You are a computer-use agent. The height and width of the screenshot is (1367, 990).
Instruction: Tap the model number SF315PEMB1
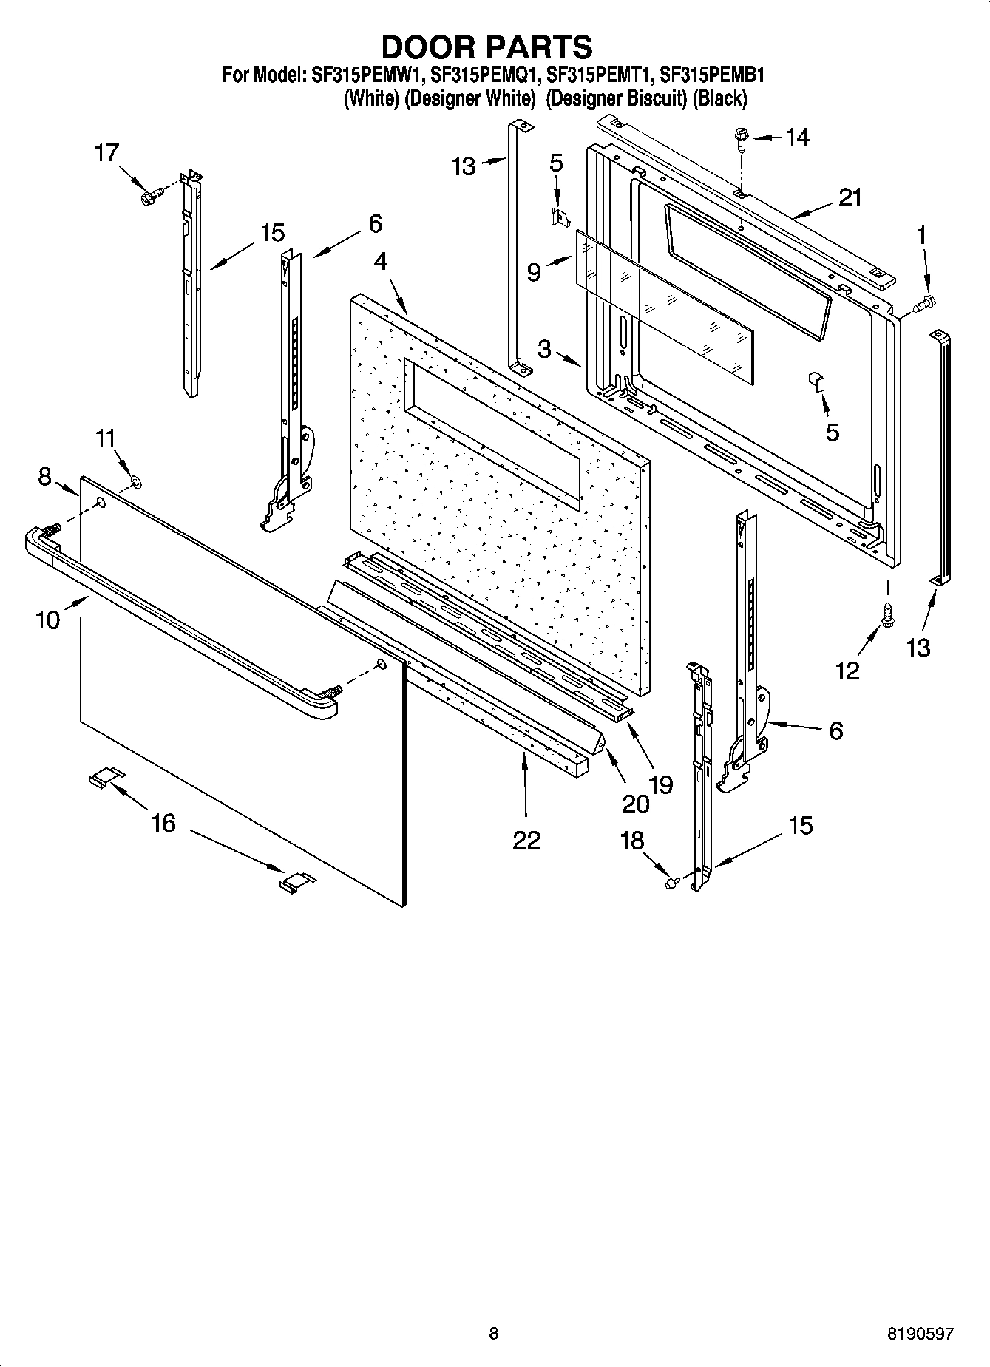(x=711, y=75)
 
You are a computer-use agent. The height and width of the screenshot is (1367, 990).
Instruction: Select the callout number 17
(x=106, y=153)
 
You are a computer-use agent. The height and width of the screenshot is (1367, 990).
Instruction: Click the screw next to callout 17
(x=150, y=196)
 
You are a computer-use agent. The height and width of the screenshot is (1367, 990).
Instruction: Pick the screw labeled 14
(x=739, y=138)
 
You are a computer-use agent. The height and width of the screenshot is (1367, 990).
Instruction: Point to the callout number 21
(x=850, y=198)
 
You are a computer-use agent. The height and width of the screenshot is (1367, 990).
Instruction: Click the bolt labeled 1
(x=924, y=302)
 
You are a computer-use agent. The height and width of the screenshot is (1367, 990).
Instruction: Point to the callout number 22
(x=526, y=840)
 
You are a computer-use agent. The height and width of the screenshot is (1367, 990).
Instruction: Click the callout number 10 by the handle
(x=47, y=619)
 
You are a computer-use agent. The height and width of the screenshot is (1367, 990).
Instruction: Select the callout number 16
(x=163, y=822)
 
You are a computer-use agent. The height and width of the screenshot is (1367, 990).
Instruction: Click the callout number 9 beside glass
(x=535, y=273)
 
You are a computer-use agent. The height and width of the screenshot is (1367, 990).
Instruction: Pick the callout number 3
(x=545, y=348)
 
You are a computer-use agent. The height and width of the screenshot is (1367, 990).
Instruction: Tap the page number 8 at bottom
(x=494, y=1334)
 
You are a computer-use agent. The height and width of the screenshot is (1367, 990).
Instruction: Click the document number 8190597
(x=921, y=1334)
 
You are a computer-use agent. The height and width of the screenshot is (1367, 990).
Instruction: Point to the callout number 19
(x=661, y=784)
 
